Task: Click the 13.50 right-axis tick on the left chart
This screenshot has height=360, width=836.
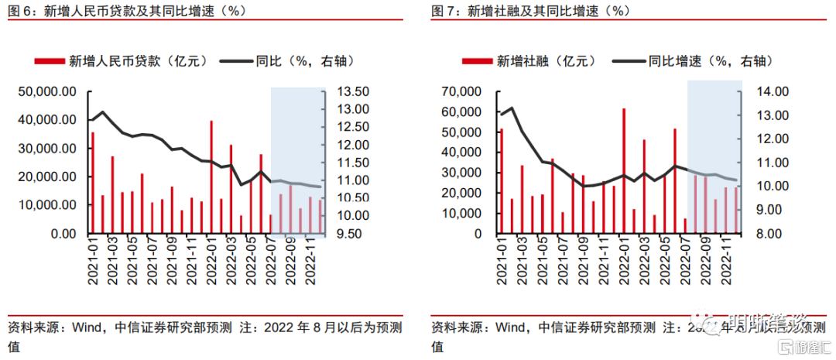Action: pos(353,91)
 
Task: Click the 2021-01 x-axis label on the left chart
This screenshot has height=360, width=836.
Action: pos(91,263)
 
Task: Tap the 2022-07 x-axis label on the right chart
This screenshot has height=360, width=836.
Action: pos(685,263)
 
